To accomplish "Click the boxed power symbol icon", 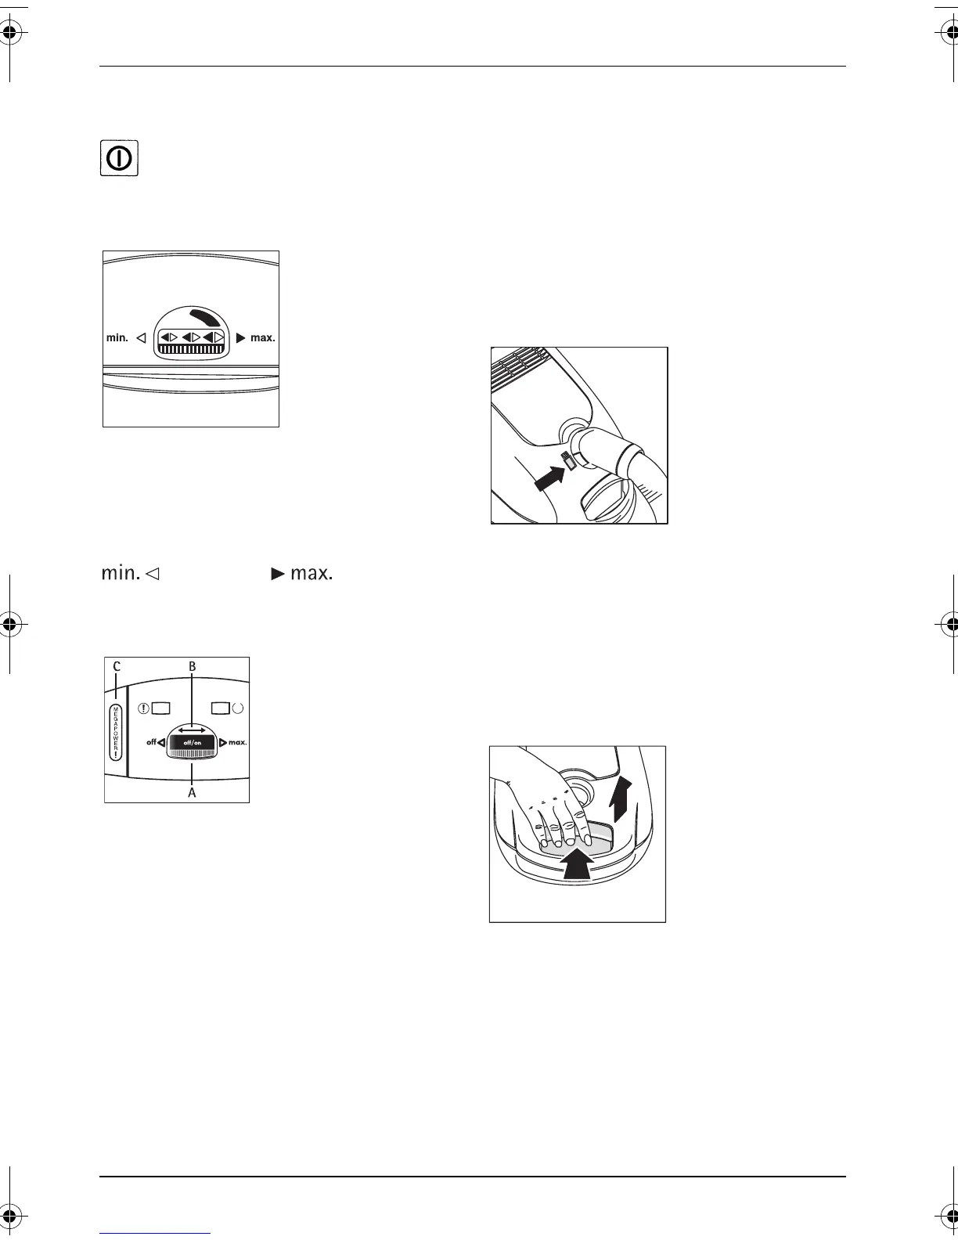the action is pos(119,158).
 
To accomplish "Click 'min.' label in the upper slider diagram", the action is pos(117,338).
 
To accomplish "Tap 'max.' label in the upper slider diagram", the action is pos(262,338).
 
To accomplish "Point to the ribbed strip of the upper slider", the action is pos(192,350).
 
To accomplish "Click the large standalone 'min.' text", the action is pos(121,573).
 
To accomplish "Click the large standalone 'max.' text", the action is pos(311,573).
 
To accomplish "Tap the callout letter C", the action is pos(116,666).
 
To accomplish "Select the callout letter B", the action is pos(192,666).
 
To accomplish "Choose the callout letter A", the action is pos(192,792).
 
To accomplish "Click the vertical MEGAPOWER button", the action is pos(116,731).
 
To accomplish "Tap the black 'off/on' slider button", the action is pos(193,742).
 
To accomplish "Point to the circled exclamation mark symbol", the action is pos(145,708).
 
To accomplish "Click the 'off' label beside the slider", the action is pos(152,742).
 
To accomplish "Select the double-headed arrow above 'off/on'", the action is pos(192,730).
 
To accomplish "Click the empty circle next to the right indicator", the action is pos(238,708).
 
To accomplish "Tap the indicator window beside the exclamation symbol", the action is pos(161,708).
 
